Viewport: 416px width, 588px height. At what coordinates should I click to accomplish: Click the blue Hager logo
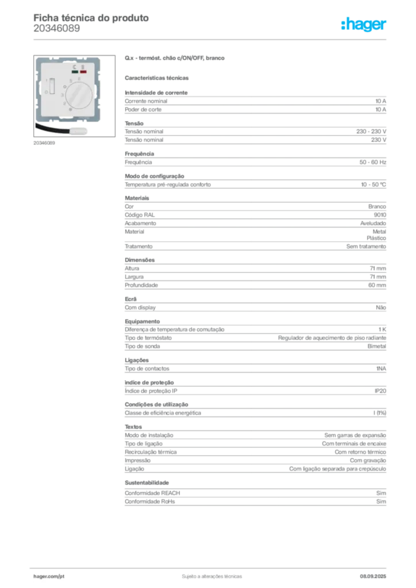click(364, 25)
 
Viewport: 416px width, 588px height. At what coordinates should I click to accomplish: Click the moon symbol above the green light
click(75, 67)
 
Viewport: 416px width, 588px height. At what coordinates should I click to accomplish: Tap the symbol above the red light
click(83, 67)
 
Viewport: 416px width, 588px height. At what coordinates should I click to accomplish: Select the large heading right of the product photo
click(174, 59)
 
